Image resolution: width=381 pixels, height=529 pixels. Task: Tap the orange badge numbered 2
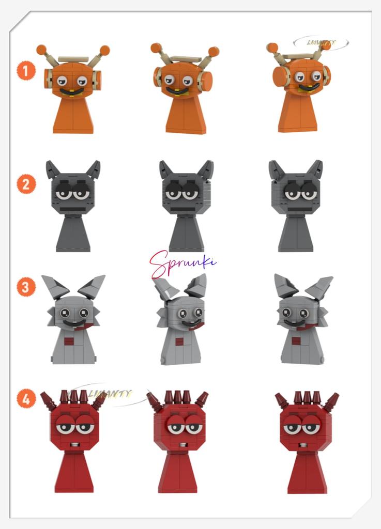coord(26,183)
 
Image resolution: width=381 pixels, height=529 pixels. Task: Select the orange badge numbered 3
coord(26,286)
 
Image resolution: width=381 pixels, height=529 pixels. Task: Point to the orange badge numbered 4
coord(26,398)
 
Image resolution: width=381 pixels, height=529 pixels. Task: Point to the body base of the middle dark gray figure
coord(186,235)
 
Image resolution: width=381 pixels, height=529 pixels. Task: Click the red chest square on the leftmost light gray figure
coord(69,341)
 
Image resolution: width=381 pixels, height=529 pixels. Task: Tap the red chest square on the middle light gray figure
coord(179,341)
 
